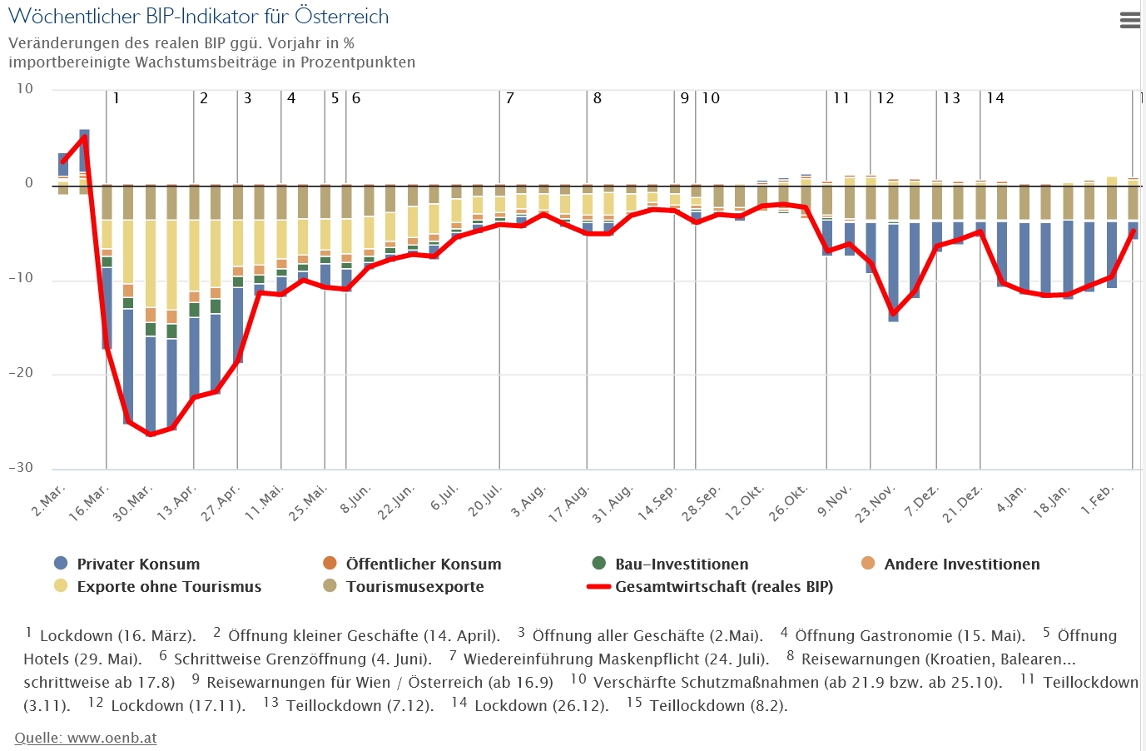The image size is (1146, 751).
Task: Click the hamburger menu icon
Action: (1129, 21)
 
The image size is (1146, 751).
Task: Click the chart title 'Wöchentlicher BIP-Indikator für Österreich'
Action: (198, 17)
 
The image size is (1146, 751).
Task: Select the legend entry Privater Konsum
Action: (138, 564)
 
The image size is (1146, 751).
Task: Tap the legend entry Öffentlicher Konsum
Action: (423, 564)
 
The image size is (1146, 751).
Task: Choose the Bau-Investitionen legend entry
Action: (681, 564)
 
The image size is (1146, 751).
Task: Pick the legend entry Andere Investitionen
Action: (961, 564)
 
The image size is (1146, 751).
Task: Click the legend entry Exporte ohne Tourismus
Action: (168, 587)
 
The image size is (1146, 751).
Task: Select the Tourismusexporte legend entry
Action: (414, 587)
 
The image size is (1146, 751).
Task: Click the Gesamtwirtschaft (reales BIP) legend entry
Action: (723, 587)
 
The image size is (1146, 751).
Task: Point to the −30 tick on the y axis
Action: (21, 468)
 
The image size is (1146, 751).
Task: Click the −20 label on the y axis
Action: (21, 373)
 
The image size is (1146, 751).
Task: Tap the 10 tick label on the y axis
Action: (25, 89)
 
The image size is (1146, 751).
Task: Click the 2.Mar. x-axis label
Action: (49, 500)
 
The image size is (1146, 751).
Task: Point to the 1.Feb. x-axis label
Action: (1097, 500)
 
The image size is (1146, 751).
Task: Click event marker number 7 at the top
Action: (510, 98)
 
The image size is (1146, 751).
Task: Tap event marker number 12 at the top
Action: (886, 98)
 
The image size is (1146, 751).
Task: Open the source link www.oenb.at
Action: (86, 738)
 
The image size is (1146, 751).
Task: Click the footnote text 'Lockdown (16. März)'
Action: (117, 636)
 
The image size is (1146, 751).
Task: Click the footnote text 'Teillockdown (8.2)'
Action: (717, 706)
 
